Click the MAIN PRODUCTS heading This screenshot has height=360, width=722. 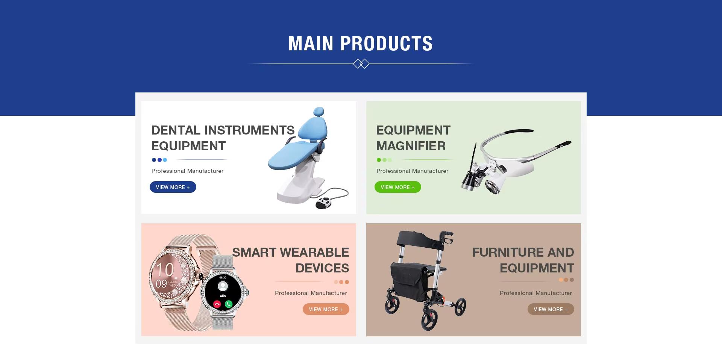(360, 43)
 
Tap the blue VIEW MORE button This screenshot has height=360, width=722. (173, 187)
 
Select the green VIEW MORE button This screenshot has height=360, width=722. (397, 187)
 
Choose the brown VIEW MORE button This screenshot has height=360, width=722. (551, 309)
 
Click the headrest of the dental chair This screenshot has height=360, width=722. (319, 112)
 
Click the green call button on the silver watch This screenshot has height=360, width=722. (229, 304)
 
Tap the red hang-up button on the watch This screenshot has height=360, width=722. (217, 304)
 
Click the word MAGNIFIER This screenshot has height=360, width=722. (411, 146)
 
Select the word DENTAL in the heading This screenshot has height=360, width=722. (176, 130)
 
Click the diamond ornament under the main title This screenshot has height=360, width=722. (361, 64)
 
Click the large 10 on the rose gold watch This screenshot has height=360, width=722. (165, 269)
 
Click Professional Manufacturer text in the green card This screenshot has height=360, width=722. (412, 171)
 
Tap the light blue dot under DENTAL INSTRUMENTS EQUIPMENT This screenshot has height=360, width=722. (165, 160)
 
